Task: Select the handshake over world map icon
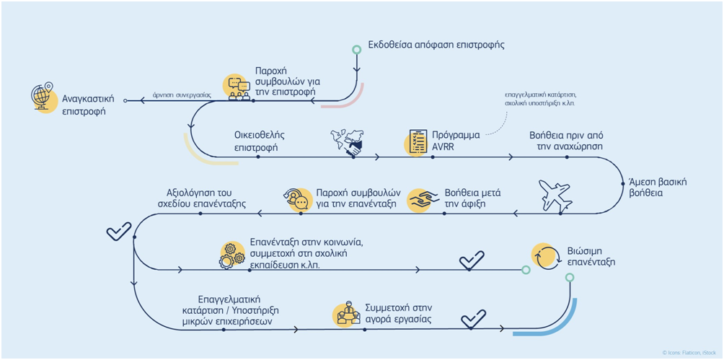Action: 349,143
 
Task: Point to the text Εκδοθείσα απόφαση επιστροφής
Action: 436,44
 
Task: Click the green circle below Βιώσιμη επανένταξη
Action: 570,277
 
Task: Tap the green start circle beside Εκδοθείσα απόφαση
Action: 356,50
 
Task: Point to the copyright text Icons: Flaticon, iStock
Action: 689,352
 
